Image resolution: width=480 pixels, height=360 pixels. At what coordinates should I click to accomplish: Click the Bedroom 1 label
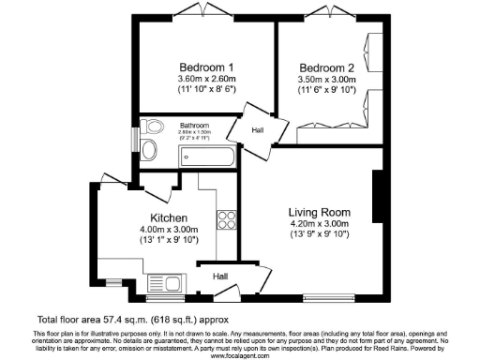[x=206, y=67]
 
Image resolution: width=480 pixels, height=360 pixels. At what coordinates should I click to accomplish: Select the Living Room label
[x=319, y=211]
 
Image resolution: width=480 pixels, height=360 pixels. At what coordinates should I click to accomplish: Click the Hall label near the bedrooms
[x=258, y=130]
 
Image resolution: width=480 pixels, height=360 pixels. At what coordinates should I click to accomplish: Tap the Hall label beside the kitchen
[x=219, y=277]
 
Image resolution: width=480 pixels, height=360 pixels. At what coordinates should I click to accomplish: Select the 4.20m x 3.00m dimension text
[x=319, y=223]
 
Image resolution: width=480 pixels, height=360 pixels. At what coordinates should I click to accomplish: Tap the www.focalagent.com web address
[x=240, y=355]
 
